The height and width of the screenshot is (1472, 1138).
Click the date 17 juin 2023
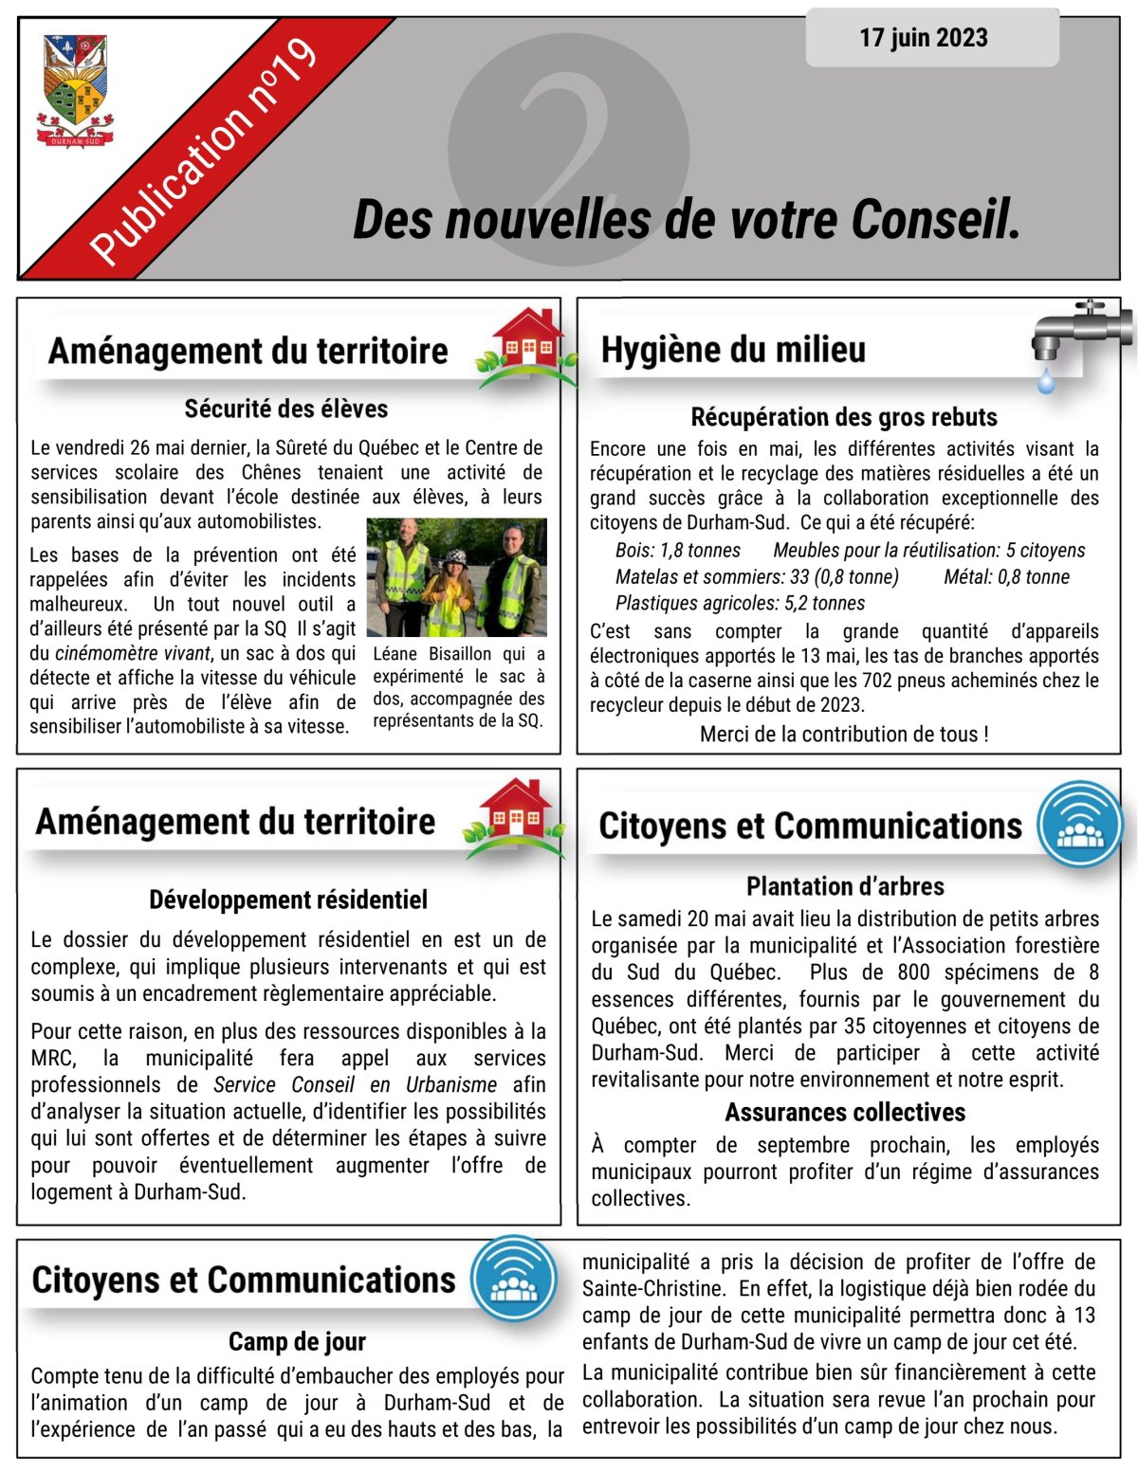tap(923, 38)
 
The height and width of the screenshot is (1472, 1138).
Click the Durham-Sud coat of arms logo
tap(75, 91)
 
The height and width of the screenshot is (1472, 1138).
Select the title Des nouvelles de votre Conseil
tap(686, 220)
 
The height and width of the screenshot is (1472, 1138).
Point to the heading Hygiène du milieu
tap(733, 350)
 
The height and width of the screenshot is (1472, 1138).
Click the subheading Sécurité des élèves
tap(286, 409)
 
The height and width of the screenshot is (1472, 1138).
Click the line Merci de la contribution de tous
tap(844, 735)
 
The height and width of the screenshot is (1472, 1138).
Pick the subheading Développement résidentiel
tap(288, 900)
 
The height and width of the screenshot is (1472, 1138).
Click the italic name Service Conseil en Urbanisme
tap(355, 1085)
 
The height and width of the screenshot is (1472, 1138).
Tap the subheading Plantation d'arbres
tap(845, 886)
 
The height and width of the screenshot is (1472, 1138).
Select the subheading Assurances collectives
tap(845, 1112)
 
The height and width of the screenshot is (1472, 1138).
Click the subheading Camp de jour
tap(297, 1341)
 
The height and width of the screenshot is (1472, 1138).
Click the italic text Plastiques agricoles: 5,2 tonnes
tap(740, 603)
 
